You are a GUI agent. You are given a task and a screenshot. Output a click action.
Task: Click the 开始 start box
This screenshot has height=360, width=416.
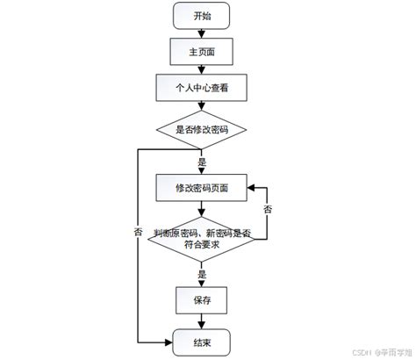(201, 17)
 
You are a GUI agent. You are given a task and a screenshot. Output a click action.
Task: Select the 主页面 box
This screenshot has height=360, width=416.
(201, 53)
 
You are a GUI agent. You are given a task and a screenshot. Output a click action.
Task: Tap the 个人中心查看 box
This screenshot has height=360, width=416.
(201, 89)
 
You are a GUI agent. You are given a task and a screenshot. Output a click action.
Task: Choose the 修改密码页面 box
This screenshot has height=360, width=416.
(201, 187)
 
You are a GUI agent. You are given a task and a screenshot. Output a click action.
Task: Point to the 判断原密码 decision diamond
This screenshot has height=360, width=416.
(201, 238)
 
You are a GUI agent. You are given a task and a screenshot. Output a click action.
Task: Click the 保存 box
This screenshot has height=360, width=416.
(201, 300)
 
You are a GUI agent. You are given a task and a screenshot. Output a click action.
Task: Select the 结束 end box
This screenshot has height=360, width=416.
(201, 341)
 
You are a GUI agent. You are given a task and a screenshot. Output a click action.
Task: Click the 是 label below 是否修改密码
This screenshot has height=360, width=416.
(202, 162)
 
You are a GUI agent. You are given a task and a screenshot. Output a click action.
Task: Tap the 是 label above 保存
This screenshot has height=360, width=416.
(202, 275)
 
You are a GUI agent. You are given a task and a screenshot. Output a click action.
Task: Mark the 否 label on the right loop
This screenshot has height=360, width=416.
(268, 210)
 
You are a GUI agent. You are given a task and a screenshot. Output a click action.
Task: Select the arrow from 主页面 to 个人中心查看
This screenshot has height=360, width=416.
(201, 70)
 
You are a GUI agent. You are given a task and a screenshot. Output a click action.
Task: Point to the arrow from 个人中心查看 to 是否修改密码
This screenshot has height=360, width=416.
(201, 107)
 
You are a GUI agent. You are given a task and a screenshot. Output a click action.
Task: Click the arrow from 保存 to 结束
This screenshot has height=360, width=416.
(201, 320)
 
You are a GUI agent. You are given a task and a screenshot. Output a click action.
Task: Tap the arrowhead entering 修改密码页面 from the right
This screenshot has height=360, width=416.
(250, 187)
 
